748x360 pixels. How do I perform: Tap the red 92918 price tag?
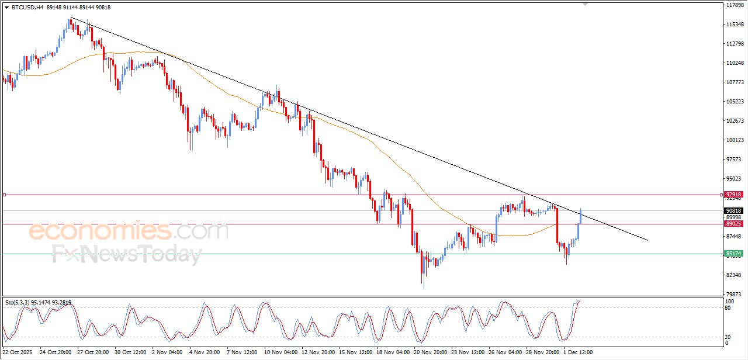click(733, 195)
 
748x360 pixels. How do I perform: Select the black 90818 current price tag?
click(733, 210)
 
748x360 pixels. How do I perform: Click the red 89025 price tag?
click(733, 223)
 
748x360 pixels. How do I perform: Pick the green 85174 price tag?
click(733, 254)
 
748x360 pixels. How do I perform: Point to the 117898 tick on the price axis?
click(735, 5)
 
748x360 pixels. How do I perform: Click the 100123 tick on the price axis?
click(735, 140)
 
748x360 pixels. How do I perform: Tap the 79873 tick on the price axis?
click(735, 294)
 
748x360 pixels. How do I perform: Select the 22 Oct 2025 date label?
click(18, 352)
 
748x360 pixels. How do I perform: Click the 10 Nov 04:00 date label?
click(282, 352)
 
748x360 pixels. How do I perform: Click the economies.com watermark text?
click(129, 231)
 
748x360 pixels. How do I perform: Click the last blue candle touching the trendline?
click(580, 217)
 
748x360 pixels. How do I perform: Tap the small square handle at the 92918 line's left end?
click(4, 195)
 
